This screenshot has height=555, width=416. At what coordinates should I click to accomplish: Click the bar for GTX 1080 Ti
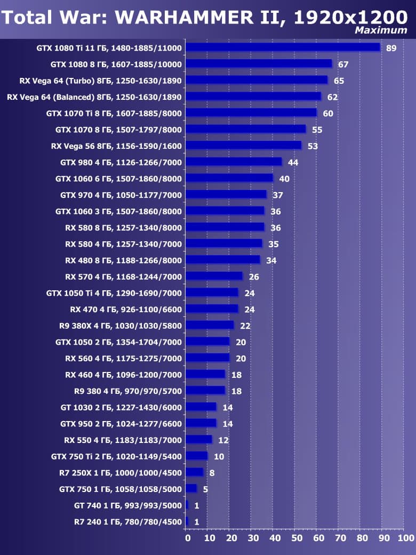(x=283, y=47)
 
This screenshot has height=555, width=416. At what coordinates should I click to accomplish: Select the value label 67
(x=343, y=65)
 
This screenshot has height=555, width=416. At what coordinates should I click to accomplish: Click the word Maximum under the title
(x=381, y=30)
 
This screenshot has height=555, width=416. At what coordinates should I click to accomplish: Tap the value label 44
(x=293, y=162)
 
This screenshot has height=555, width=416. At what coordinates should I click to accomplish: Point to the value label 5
(x=205, y=489)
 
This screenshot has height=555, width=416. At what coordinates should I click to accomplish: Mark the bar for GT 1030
(x=201, y=407)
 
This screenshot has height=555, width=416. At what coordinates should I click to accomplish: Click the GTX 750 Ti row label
(x=116, y=456)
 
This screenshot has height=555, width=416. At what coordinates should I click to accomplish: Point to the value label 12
(x=223, y=440)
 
